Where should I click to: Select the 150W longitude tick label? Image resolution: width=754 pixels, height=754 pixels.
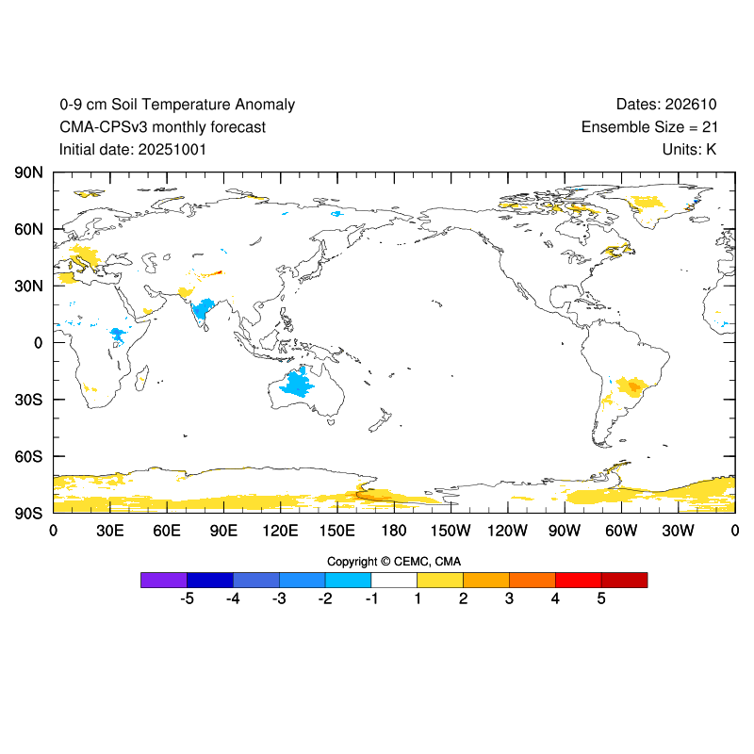451,531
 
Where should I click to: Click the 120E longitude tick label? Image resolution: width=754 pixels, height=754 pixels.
280,531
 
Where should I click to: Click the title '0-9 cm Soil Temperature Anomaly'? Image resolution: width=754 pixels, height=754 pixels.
177,105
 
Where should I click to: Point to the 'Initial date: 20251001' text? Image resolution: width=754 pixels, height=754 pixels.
133,150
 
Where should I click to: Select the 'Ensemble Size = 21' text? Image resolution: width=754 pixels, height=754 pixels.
649,127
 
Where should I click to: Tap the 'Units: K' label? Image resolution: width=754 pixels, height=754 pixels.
690,150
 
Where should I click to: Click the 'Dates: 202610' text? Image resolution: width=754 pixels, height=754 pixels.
666,105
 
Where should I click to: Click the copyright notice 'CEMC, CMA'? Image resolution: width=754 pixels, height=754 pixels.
394,562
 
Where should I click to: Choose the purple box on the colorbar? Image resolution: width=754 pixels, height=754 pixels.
164,580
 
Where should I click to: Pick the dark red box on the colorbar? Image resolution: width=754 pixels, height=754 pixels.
624,580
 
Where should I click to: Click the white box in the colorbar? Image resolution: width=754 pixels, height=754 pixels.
394,580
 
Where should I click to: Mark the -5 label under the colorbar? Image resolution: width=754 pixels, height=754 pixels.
186,598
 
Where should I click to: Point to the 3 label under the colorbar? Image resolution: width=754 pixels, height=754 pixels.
509,598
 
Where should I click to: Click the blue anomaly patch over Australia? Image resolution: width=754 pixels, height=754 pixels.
301,383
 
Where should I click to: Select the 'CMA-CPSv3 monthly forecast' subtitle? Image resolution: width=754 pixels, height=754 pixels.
162,127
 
